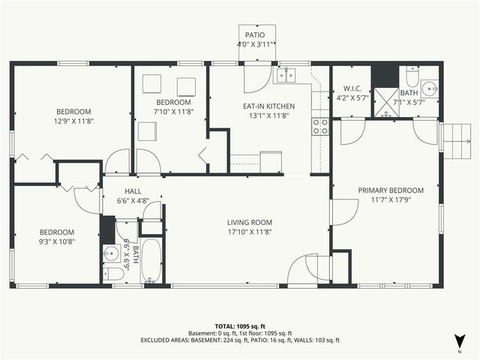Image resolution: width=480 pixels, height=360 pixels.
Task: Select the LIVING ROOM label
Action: (250, 223)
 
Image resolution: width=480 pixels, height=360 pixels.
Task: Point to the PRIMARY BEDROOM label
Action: (390, 190)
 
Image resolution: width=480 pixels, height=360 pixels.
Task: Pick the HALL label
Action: (133, 191)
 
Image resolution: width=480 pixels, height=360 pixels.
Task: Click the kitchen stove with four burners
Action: (320, 126)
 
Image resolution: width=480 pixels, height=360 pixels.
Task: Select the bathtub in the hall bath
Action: (151, 260)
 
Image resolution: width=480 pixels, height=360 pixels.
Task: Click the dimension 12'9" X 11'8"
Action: (73, 120)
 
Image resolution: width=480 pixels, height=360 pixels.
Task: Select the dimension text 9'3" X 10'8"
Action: (57, 241)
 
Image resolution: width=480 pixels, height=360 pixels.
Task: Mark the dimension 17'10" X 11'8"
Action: (250, 232)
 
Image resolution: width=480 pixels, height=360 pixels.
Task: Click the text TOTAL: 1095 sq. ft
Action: (240, 326)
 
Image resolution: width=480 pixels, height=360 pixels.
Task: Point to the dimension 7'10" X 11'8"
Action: (173, 112)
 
